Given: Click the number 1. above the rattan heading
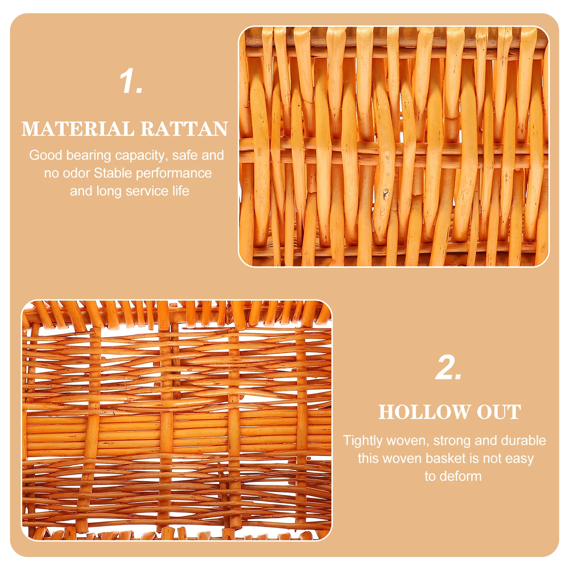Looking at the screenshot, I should pyautogui.click(x=131, y=82).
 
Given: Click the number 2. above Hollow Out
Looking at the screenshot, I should pyautogui.click(x=448, y=368).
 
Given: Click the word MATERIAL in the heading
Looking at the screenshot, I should pyautogui.click(x=77, y=129).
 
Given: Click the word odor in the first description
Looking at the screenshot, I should pyautogui.click(x=76, y=173).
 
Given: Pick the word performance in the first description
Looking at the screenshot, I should pyautogui.click(x=174, y=174).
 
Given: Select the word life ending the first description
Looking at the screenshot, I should pyautogui.click(x=181, y=191).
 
